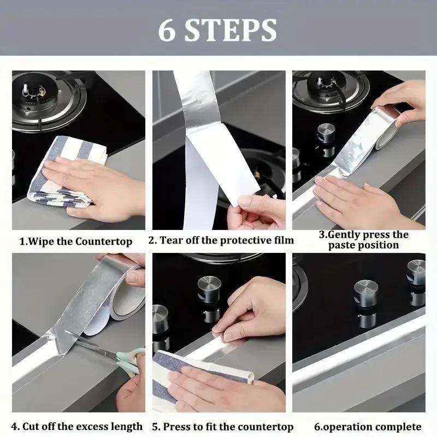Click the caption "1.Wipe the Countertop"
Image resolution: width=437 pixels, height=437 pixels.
[x=76, y=241]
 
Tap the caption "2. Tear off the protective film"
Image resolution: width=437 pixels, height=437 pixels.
[x=221, y=240]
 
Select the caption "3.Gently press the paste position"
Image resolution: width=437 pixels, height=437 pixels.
[x=363, y=240]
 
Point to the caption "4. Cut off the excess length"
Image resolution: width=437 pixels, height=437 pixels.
[x=77, y=426]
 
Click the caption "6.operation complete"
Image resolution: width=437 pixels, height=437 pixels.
[x=367, y=427]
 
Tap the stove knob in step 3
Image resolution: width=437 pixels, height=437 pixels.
[x=327, y=134]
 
